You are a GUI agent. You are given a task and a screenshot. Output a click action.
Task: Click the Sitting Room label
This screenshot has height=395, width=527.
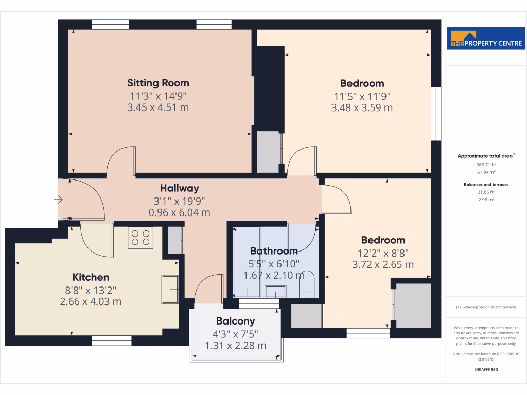158,83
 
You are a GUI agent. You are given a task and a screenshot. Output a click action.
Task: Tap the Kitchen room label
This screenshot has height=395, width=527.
91,277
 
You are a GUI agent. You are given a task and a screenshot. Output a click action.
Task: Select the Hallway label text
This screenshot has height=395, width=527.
179,188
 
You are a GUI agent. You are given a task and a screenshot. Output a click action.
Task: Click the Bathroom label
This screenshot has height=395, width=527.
274,251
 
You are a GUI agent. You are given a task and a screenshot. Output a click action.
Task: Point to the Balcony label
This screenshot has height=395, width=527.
235,321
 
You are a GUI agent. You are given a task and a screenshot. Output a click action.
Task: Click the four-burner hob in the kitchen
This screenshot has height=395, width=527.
140,238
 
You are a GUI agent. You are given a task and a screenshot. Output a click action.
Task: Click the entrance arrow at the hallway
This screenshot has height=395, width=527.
58,199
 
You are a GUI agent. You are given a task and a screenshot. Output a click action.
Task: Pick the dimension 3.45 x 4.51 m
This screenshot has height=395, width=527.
158,107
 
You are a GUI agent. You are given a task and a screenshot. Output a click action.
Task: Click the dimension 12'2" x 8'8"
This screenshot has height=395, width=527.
383,253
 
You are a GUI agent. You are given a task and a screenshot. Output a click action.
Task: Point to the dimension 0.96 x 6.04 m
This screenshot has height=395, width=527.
179,212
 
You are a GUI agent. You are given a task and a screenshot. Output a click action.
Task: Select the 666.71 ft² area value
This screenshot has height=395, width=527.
486,164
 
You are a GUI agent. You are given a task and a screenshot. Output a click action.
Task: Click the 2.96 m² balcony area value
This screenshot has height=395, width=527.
486,199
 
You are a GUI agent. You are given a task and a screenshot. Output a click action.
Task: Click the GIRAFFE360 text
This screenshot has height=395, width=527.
486,369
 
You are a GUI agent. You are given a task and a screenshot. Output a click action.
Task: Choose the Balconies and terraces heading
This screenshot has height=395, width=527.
486,184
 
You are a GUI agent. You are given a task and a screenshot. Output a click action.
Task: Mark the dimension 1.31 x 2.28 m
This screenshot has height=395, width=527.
235,345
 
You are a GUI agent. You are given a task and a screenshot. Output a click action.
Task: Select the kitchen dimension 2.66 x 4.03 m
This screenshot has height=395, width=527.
91,301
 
